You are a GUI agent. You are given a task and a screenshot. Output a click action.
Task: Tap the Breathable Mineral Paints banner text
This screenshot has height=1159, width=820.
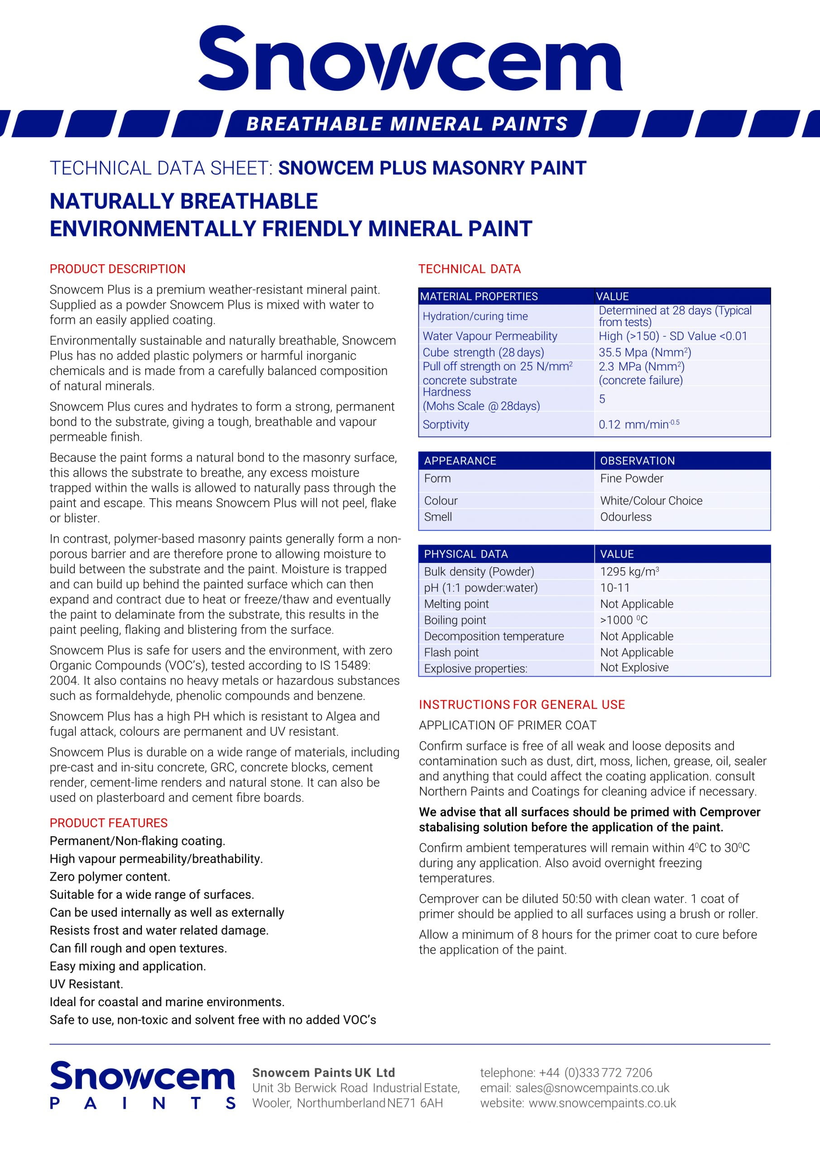coord(407,124)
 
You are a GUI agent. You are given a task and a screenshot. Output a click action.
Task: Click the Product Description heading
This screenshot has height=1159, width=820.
coord(117,269)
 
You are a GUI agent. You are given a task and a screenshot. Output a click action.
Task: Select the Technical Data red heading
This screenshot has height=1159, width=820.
coord(469,269)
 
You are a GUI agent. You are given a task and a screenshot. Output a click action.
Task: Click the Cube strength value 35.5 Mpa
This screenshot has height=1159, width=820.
coord(644,352)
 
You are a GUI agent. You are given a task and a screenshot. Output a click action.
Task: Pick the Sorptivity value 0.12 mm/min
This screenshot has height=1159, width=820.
coord(638,425)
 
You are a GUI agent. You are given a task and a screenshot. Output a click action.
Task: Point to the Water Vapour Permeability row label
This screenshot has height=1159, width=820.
coord(489,336)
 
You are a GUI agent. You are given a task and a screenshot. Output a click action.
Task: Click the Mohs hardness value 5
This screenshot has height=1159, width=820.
coord(602,399)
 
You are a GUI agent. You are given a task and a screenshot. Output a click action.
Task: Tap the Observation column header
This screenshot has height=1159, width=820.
coord(637,461)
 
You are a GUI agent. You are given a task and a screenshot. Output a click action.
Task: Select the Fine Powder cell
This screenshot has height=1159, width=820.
coord(631,479)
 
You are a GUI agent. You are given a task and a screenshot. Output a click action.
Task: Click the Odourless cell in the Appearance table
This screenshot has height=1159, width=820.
coord(626,517)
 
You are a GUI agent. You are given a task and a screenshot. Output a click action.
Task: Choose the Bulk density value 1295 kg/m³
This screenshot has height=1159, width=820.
coord(629,571)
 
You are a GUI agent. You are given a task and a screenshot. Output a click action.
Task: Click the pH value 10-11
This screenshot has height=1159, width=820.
coord(614,588)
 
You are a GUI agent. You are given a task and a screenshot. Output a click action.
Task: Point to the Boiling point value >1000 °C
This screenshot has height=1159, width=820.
coord(623,620)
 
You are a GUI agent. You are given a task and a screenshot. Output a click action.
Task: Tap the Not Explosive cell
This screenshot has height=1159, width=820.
coord(634,667)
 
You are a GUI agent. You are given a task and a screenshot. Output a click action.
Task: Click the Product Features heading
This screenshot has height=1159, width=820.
coord(108,823)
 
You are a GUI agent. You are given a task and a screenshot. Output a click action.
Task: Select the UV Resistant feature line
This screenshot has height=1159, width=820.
coord(86,984)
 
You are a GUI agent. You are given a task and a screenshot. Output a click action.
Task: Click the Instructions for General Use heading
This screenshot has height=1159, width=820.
coord(522,705)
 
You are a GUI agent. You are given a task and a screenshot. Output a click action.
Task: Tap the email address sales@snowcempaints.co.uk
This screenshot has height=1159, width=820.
coord(592,1088)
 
